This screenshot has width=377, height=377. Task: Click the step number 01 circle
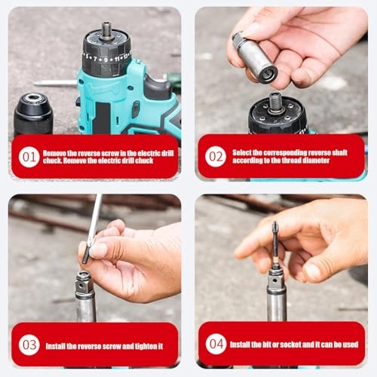coord(29,157)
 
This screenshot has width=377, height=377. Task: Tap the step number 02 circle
coord(216,156)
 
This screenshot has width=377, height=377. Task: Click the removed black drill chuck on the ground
coord(33,113)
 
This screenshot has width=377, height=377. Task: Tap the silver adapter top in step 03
coord(84,279)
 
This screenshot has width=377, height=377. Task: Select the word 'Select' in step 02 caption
coord(244,152)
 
